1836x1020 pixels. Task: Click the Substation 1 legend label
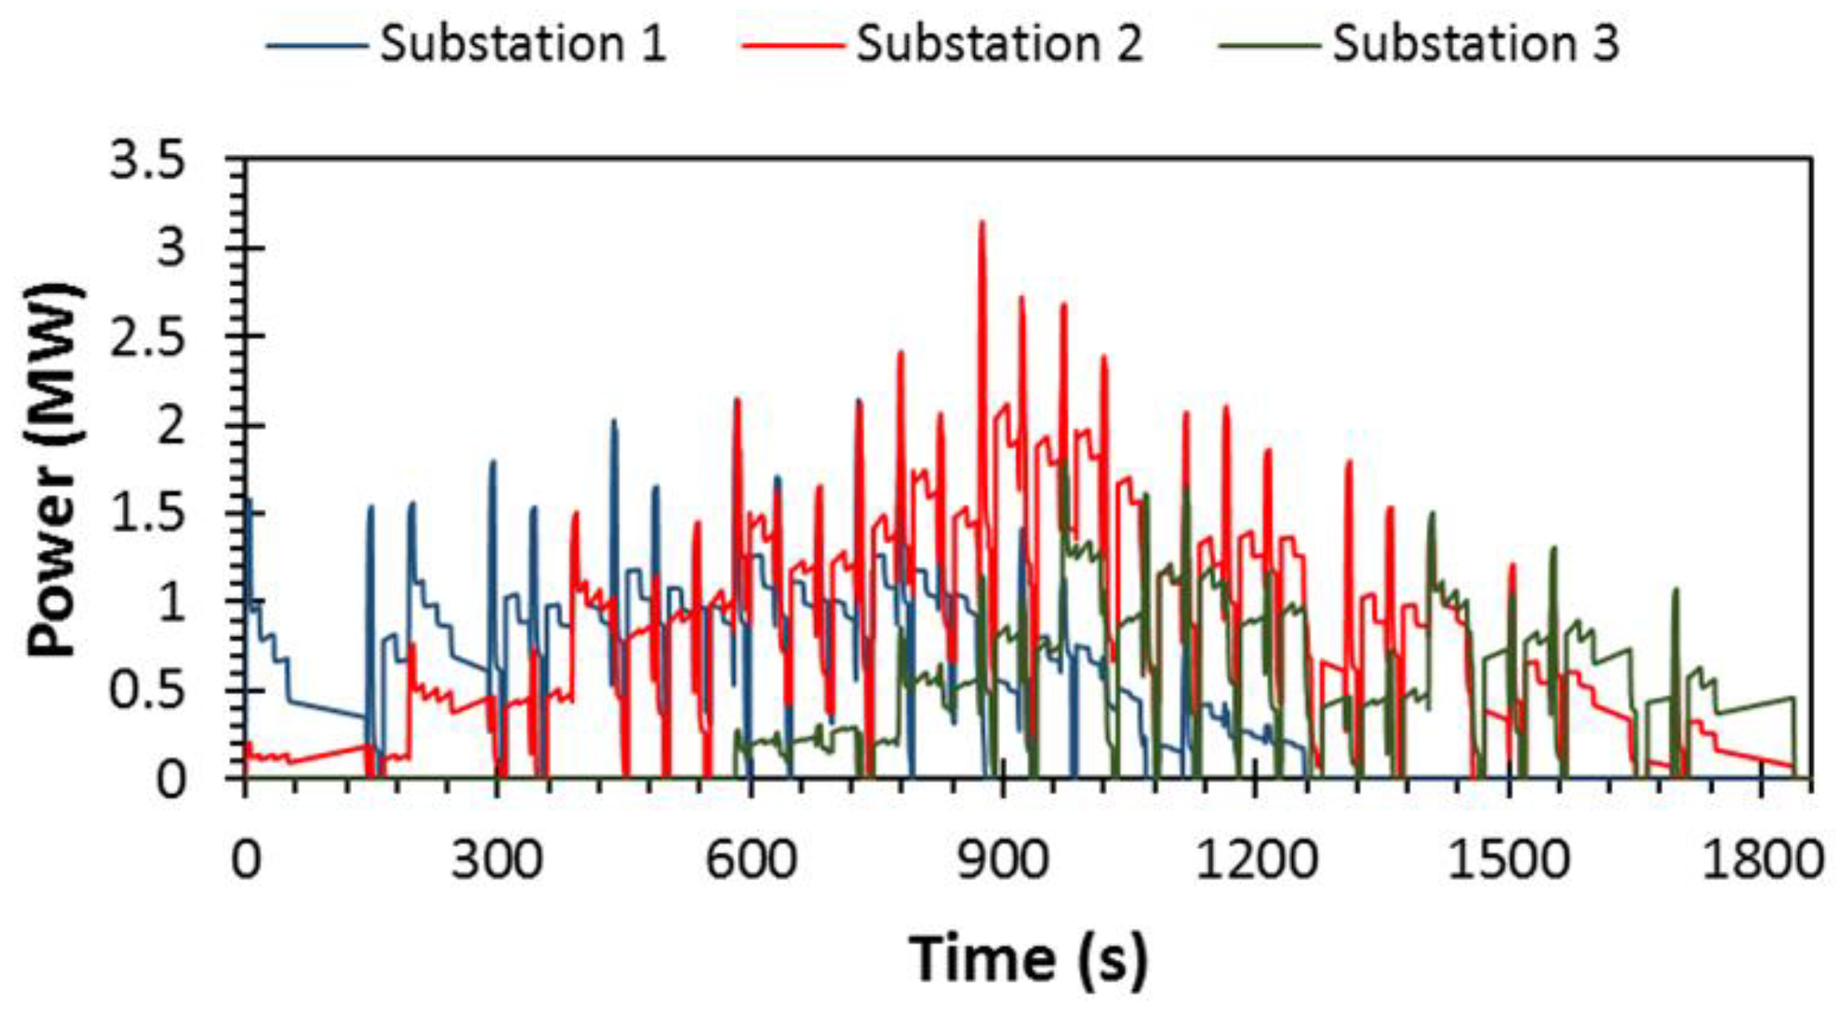523,44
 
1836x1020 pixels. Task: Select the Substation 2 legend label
999,44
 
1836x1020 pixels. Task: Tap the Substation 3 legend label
1475,44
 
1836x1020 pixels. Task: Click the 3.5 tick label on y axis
148,162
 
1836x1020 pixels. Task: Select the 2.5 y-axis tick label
148,337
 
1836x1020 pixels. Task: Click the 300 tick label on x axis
497,861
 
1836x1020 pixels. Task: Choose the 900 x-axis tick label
1003,861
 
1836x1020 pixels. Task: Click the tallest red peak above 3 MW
982,224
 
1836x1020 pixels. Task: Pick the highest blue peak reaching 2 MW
614,421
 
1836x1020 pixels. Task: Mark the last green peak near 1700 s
1675,591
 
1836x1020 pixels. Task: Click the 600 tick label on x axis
750,861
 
